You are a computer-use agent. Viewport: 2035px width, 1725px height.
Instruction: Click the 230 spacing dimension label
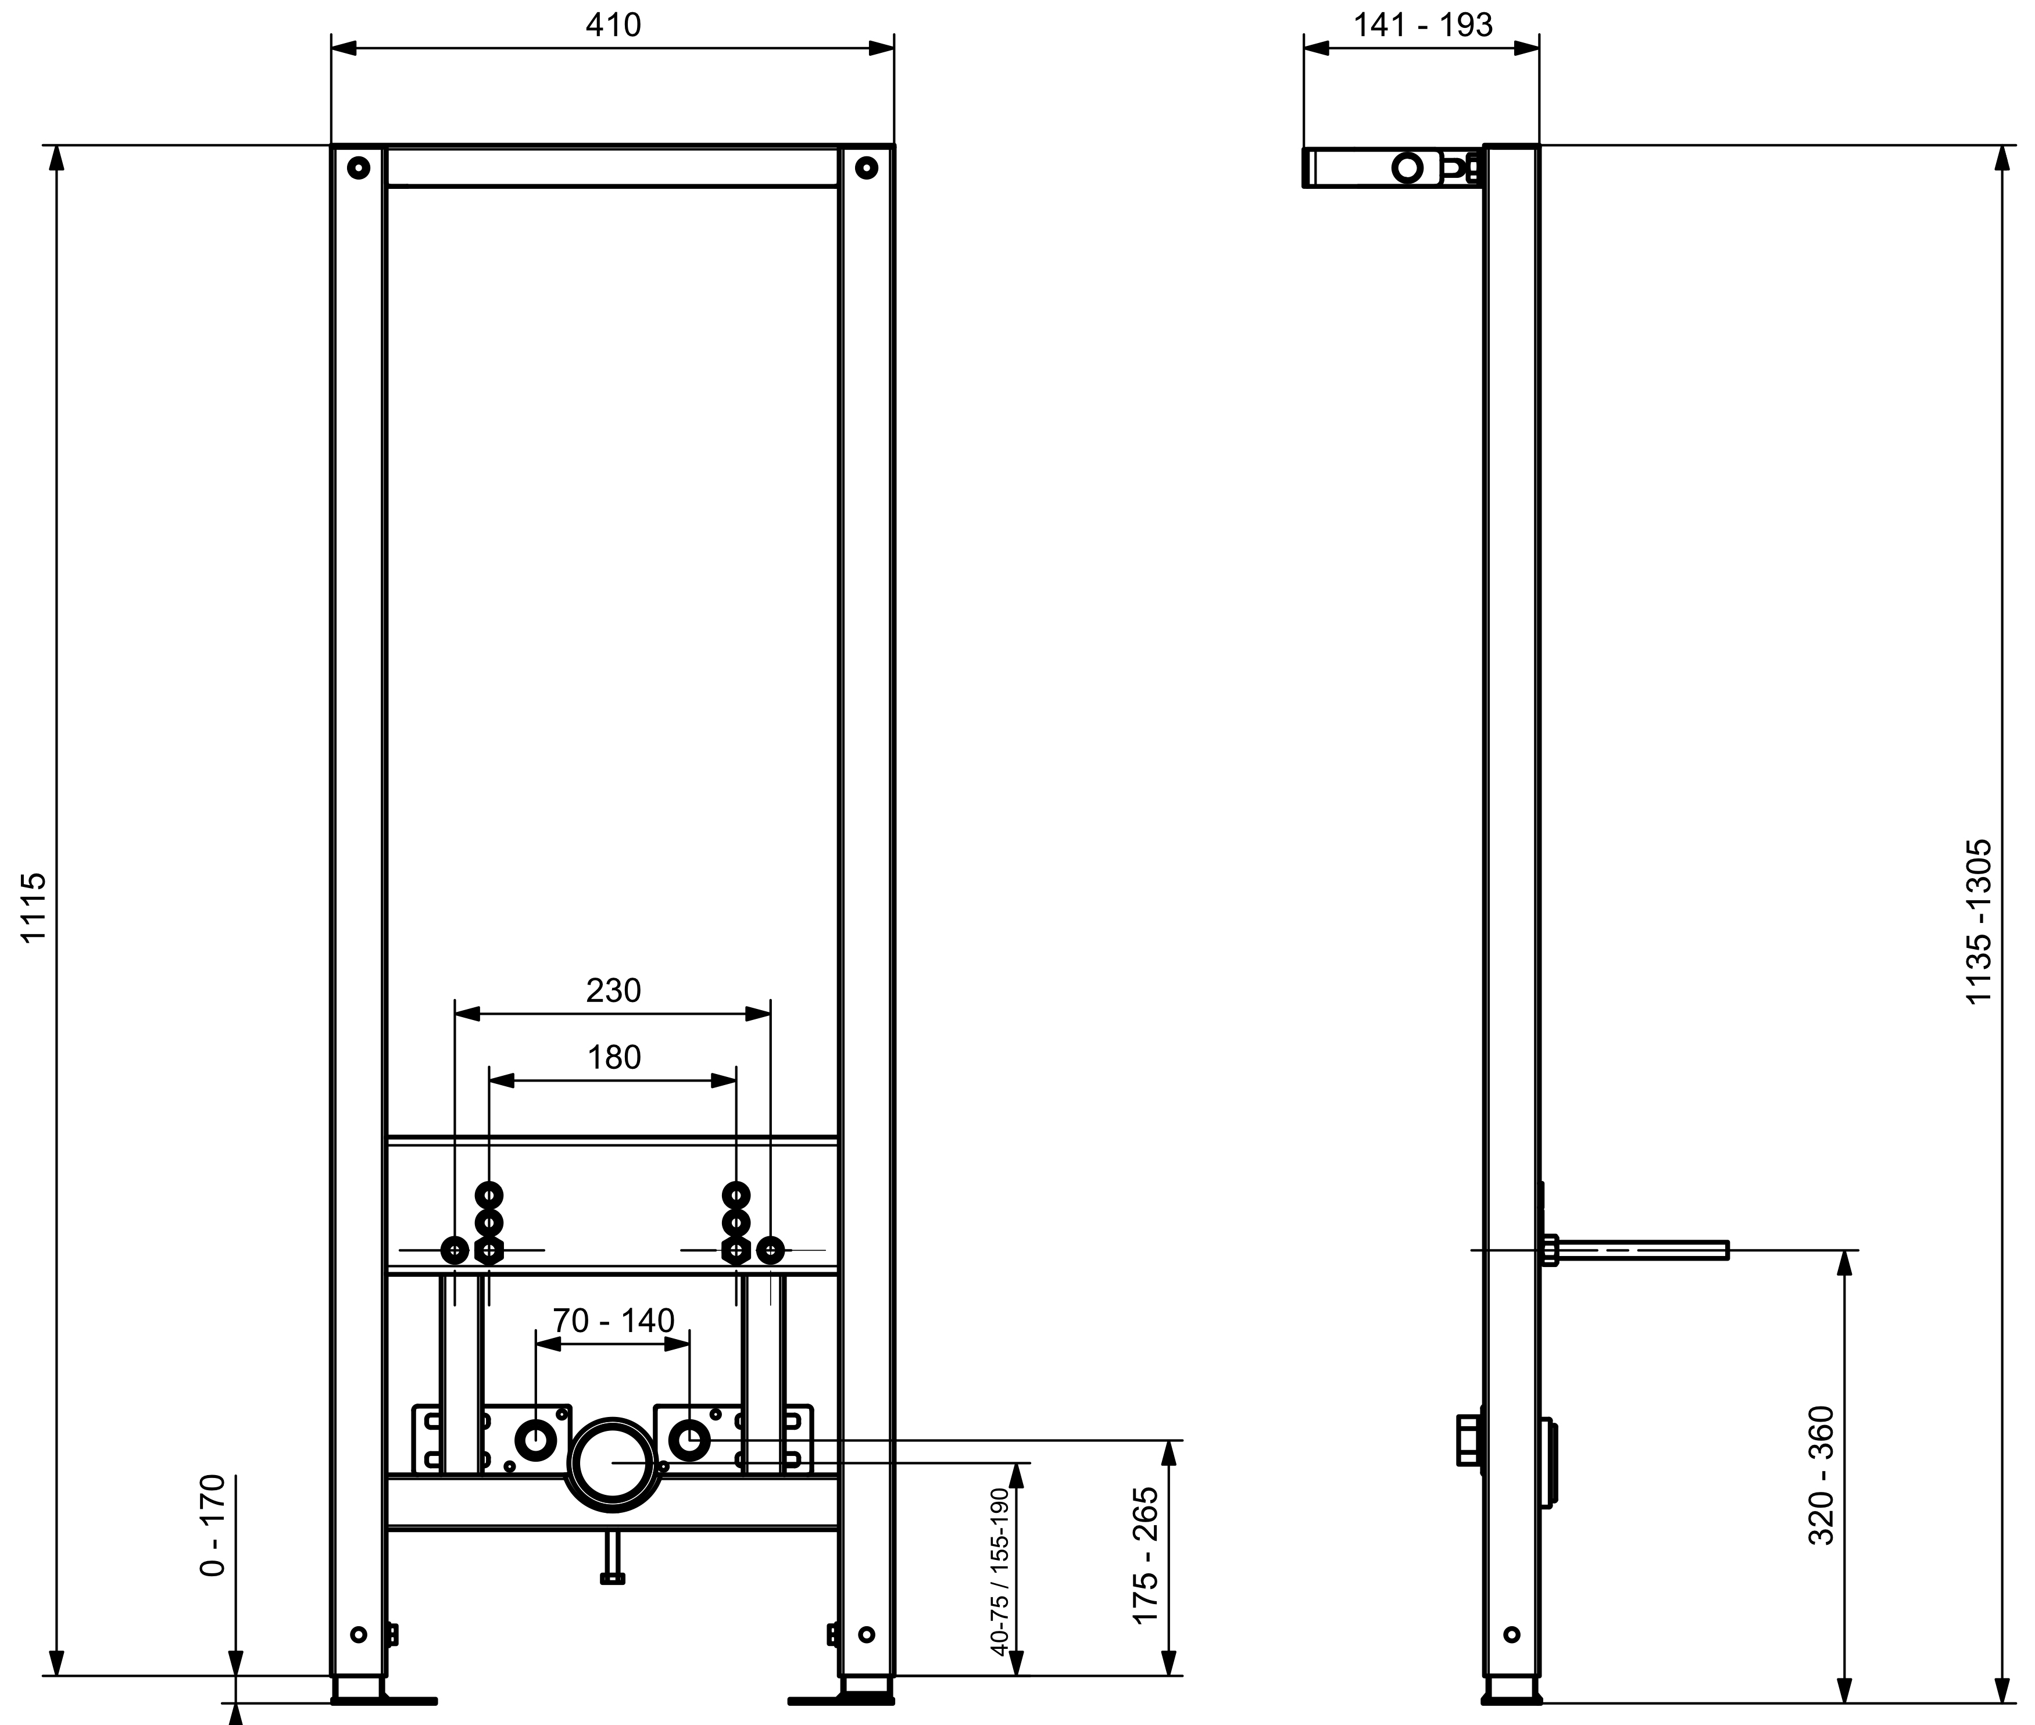[613, 990]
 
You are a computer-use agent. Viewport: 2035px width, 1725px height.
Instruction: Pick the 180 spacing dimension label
[613, 1057]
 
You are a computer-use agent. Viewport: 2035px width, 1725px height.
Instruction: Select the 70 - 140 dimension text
[613, 1320]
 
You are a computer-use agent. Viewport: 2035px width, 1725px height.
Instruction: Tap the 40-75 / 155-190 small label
[999, 1573]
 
